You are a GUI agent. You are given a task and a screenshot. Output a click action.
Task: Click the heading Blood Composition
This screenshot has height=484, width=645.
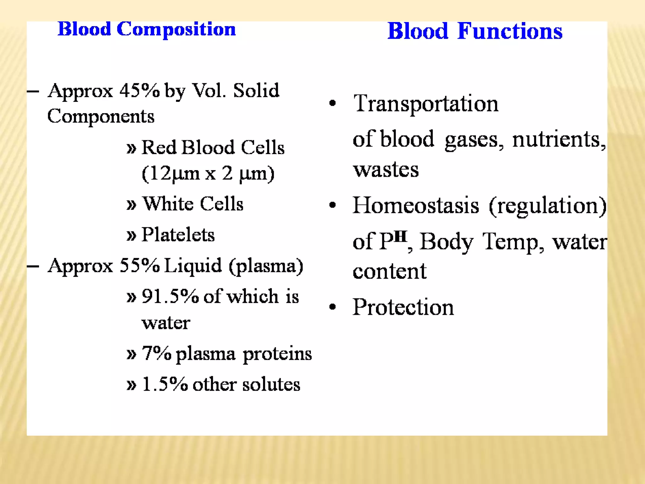(146, 29)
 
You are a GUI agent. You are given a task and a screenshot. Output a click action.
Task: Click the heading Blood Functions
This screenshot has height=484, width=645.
(475, 31)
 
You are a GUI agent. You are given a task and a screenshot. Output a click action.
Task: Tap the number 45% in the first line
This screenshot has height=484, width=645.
(140, 91)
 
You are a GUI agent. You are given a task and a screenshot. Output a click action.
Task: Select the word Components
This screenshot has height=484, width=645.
(101, 117)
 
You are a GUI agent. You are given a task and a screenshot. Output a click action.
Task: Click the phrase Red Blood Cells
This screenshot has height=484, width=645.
(213, 147)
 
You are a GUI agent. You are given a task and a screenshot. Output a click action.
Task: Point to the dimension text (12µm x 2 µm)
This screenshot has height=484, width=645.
(208, 173)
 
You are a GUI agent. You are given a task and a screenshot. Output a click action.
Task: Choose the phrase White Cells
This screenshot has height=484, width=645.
(193, 204)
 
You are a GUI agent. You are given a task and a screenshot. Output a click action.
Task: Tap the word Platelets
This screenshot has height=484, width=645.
(178, 235)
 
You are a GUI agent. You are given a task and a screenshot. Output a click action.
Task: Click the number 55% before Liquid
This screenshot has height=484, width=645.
(140, 266)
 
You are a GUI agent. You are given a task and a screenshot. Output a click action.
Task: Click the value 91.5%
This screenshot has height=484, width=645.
(170, 297)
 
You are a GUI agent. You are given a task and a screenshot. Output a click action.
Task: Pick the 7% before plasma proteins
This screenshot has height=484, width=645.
(157, 353)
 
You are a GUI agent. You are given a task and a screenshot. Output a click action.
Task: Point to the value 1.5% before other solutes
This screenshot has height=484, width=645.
(165, 384)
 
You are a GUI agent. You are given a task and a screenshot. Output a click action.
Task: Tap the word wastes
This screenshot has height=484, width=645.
(386, 170)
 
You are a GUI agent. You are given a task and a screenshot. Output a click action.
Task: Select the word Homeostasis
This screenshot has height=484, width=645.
(416, 205)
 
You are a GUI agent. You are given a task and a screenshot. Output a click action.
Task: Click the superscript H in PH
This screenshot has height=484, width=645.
(400, 236)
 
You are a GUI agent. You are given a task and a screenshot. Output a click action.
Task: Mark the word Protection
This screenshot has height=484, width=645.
(403, 307)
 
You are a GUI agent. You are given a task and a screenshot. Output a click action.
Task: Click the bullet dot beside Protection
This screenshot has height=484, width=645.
(332, 307)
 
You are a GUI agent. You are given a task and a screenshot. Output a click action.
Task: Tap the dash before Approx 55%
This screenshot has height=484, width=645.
(33, 266)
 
